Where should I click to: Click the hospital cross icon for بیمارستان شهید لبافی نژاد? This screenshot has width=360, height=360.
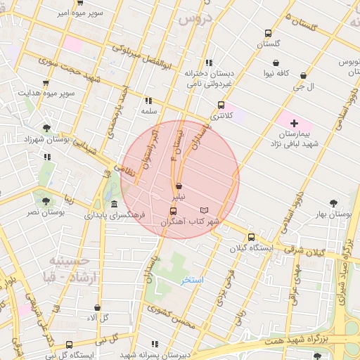click(x=294, y=123)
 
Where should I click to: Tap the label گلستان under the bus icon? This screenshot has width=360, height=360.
click(x=268, y=44)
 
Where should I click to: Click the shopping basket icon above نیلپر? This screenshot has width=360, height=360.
click(x=179, y=186)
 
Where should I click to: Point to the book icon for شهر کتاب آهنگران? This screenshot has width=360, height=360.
click(x=205, y=210)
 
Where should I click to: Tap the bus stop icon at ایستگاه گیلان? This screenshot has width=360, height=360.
click(x=251, y=237)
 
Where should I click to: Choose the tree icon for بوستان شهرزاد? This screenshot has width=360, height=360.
click(x=46, y=128)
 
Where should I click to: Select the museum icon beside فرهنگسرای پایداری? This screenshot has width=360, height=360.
click(x=114, y=204)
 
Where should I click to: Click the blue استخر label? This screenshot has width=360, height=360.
click(x=192, y=280)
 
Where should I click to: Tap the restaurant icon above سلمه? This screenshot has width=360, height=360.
click(x=148, y=101)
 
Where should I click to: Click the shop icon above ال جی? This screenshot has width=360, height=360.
click(x=303, y=76)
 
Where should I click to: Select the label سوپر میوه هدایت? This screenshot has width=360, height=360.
click(x=47, y=93)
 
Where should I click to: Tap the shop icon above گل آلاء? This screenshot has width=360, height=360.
click(x=97, y=308)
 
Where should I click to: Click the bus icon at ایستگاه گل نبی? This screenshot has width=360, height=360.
click(x=69, y=345)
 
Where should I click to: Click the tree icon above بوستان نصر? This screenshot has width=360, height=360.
click(x=46, y=200)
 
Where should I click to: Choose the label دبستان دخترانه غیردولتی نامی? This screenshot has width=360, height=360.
click(x=210, y=78)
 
